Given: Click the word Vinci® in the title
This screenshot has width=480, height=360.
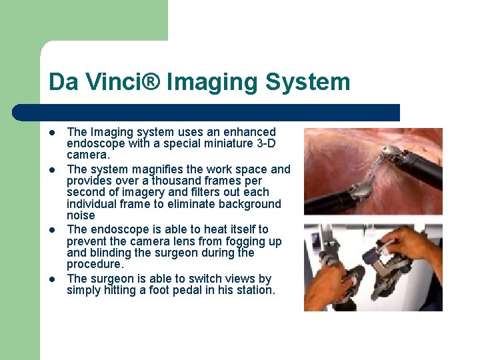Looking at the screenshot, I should coord(119,82).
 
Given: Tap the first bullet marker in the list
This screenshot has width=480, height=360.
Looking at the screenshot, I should coord(51,132).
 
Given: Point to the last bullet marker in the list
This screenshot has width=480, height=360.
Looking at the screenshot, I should coord(51,279).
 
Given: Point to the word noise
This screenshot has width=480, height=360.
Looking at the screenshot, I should coord(81,215).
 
